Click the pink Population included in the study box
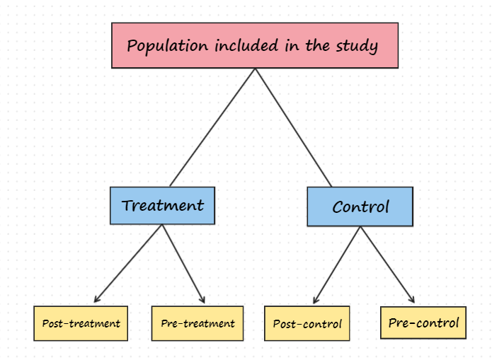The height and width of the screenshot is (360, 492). (255, 45)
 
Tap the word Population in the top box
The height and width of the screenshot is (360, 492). (168, 46)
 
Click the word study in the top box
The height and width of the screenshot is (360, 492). (357, 46)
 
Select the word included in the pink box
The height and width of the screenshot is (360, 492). (246, 45)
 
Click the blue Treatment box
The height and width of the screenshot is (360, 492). (163, 205)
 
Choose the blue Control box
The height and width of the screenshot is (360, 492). (360, 207)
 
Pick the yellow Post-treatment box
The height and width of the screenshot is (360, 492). (81, 323)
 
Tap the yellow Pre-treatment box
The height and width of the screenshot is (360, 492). (198, 323)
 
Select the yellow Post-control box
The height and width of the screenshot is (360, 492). (307, 323)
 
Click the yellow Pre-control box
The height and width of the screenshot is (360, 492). (423, 323)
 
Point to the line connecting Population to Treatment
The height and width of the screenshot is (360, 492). (212, 127)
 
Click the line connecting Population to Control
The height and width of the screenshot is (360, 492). (293, 127)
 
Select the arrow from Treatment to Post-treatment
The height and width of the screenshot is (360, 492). (128, 263)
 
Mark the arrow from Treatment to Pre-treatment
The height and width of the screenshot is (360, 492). (183, 264)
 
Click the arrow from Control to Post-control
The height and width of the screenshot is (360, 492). (337, 265)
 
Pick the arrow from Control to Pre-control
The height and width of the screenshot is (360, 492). (387, 265)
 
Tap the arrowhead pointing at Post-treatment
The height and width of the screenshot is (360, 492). (97, 298)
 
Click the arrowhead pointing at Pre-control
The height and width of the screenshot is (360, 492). (412, 299)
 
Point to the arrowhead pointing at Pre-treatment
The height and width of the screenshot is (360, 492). (202, 299)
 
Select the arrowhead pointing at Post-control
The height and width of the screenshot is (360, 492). (316, 299)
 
